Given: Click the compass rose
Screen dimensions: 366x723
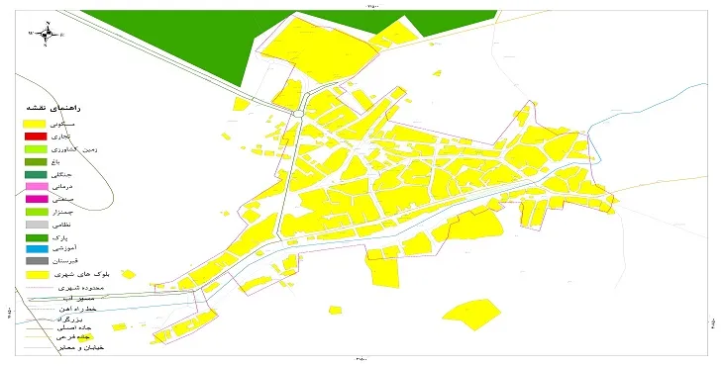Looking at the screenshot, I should pyautogui.click(x=46, y=33).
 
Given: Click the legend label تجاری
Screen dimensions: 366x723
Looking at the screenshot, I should pyautogui.click(x=75, y=136).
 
